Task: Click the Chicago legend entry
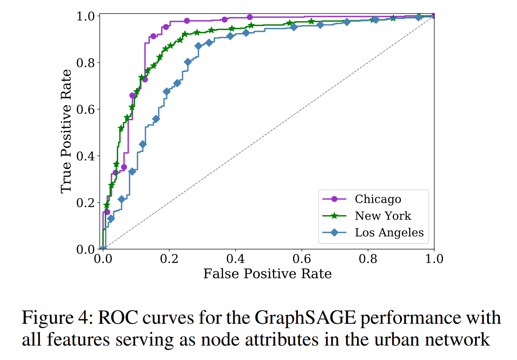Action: tap(377, 199)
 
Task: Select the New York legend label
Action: tap(383, 216)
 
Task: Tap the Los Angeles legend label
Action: tap(389, 232)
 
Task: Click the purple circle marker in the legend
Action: tap(334, 199)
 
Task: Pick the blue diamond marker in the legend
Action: tap(334, 232)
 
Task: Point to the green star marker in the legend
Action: tap(334, 216)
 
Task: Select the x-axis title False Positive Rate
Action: tap(268, 274)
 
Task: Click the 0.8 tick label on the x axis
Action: tap(368, 259)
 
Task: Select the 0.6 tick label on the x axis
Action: tap(302, 259)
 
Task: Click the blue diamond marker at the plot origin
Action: tap(103, 249)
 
